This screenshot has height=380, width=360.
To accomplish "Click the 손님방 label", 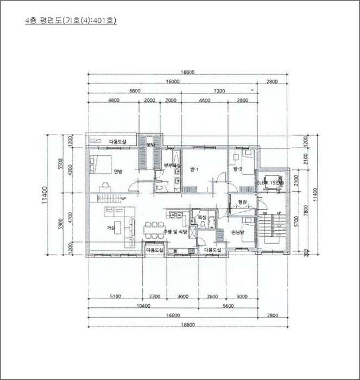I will click(x=238, y=232).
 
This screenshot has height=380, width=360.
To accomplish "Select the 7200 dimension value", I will click(x=219, y=91).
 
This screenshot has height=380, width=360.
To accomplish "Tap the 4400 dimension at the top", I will click(x=205, y=100).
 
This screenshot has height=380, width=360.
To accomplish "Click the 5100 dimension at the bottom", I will click(x=115, y=297).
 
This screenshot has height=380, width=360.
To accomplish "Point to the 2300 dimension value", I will click(x=155, y=297).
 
